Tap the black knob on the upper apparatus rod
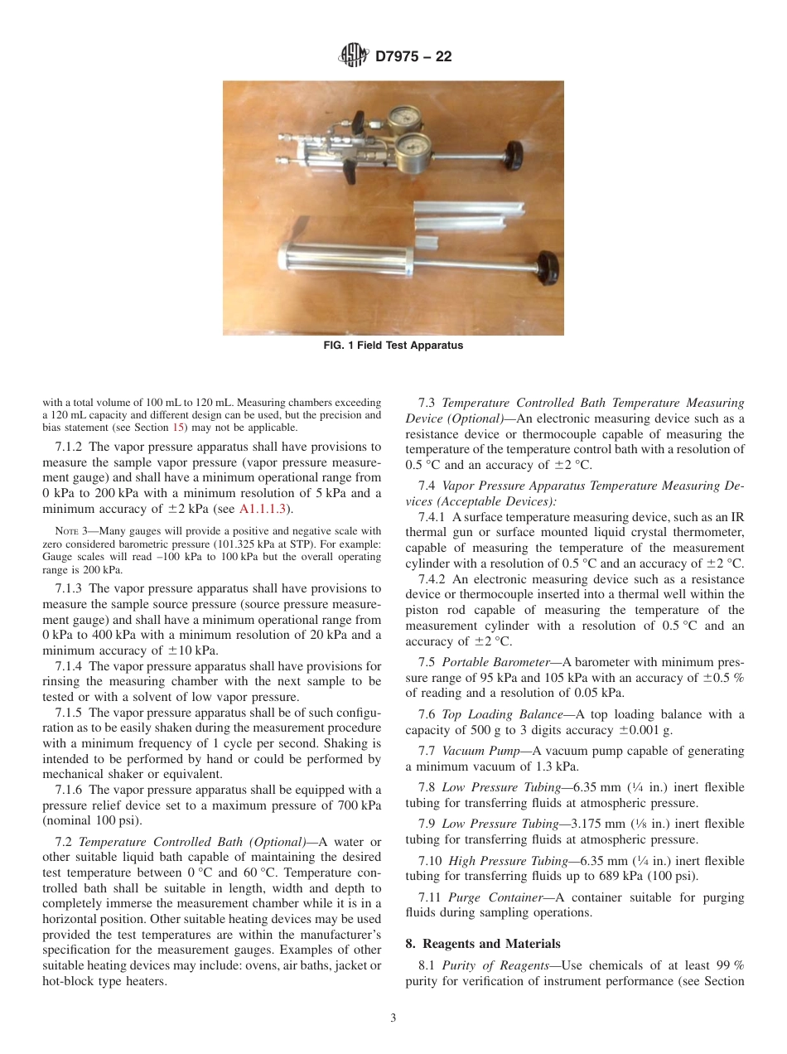click(x=515, y=153)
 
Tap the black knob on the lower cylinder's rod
click(x=546, y=267)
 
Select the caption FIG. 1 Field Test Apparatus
click(x=393, y=346)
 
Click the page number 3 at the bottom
click(x=393, y=1018)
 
